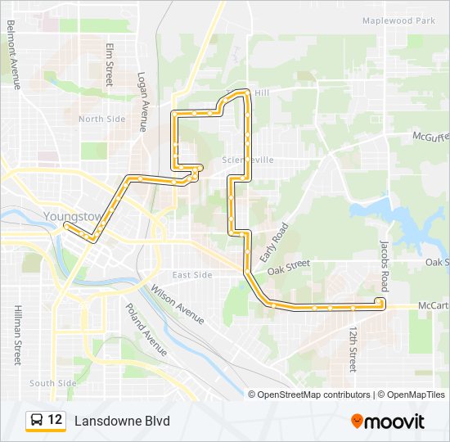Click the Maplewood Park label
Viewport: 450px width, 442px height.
click(398, 20)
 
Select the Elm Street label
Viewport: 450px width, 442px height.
click(109, 65)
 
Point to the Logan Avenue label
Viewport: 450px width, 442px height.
click(142, 101)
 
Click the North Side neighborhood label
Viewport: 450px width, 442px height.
click(102, 120)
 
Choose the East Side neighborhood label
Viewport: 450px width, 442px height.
click(192, 275)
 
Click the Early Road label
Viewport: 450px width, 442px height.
click(275, 242)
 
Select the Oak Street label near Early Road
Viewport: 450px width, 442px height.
click(289, 265)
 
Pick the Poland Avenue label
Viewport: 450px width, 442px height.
click(146, 329)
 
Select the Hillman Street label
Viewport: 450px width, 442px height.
click(17, 335)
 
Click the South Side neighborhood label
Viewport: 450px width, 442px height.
click(53, 383)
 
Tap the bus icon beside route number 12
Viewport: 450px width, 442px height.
click(37, 420)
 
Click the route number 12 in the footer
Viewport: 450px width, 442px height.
click(55, 420)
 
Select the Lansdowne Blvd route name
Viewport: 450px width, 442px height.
click(122, 421)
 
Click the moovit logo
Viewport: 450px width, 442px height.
click(388, 421)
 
